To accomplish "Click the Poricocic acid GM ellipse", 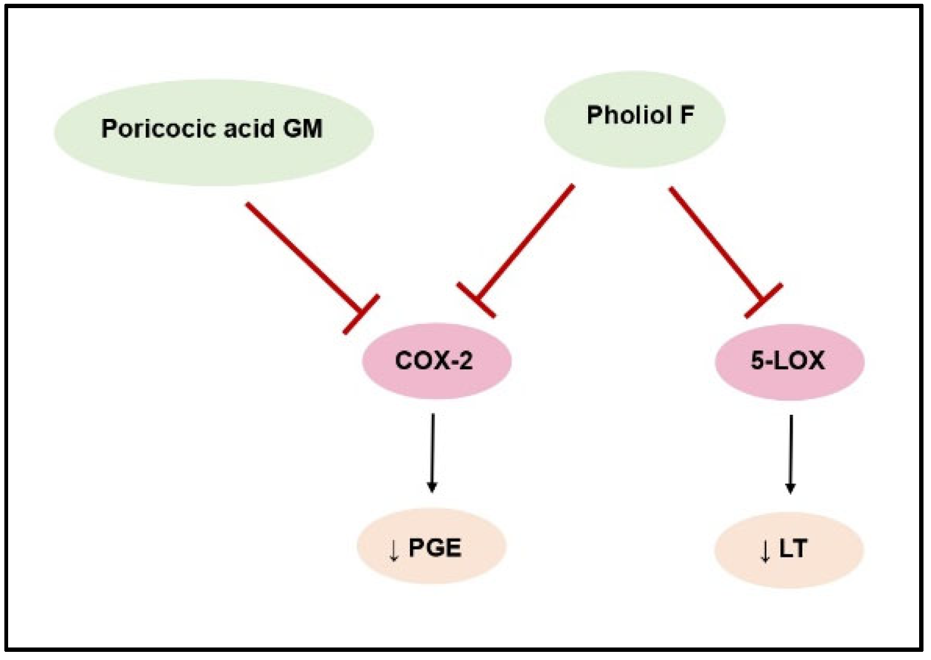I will tap(213, 156).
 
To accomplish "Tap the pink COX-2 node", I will tap(437, 361).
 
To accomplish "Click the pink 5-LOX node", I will tap(789, 362).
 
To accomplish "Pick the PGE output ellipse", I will tap(431, 547).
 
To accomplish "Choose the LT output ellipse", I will tap(789, 549).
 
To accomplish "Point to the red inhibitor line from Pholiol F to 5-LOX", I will tap(716, 244).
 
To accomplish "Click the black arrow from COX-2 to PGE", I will tap(432, 450).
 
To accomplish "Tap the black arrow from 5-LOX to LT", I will tap(791, 450).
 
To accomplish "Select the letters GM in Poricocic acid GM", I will tap(303, 129).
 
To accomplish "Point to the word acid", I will tap(249, 129).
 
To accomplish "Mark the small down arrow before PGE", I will tap(394, 550).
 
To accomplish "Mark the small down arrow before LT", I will tap(765, 551).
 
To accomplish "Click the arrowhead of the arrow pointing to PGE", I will tap(432, 486).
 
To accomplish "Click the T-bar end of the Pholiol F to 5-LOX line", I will tap(763, 300).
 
